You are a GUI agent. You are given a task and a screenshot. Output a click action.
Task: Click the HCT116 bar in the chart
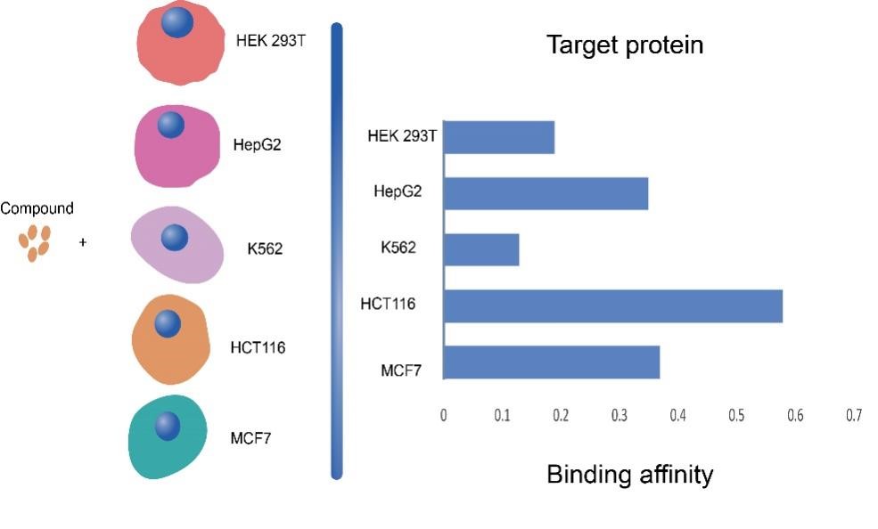tap(612, 306)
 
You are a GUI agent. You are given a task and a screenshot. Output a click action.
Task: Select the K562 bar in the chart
tap(481, 250)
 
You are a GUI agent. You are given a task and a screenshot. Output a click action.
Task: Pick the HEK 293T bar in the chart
tap(499, 137)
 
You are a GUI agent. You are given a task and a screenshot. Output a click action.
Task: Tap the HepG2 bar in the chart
tap(546, 193)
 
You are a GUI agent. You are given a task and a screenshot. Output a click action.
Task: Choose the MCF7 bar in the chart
tap(552, 362)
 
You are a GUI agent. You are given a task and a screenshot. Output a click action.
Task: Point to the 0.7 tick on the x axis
tap(854, 415)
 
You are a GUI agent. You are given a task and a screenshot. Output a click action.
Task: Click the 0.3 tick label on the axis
tap(620, 415)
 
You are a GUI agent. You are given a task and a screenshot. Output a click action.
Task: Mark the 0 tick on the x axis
tap(444, 415)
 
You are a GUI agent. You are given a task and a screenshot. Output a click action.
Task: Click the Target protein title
tap(625, 45)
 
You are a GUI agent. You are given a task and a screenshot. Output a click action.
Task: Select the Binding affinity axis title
tap(630, 474)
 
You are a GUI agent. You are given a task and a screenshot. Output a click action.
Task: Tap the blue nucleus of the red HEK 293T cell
tap(177, 21)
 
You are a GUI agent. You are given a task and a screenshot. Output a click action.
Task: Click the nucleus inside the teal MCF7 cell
tap(168, 426)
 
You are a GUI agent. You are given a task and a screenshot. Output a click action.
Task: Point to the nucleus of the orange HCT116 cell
tap(168, 324)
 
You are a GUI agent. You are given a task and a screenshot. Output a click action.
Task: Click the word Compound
tap(37, 208)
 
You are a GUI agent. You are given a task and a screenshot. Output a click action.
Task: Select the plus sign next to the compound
tap(83, 242)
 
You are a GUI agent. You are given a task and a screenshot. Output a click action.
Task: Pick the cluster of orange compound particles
tap(35, 243)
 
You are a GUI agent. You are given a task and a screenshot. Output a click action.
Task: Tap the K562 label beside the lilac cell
tap(265, 248)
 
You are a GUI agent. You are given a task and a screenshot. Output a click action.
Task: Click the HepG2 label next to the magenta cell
tap(257, 145)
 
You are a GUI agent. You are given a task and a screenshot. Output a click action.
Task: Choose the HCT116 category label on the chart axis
tap(388, 304)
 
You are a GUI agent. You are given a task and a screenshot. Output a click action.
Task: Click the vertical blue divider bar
tap(337, 251)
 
